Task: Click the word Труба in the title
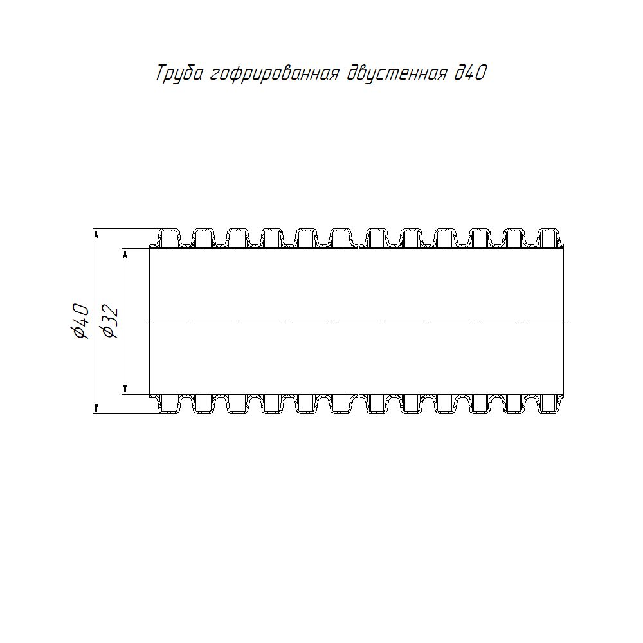click(179, 74)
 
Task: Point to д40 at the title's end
click(471, 73)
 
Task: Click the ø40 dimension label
click(80, 321)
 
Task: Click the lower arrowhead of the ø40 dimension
click(96, 408)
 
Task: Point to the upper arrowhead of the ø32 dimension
click(125, 253)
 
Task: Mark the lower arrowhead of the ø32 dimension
click(125, 390)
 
